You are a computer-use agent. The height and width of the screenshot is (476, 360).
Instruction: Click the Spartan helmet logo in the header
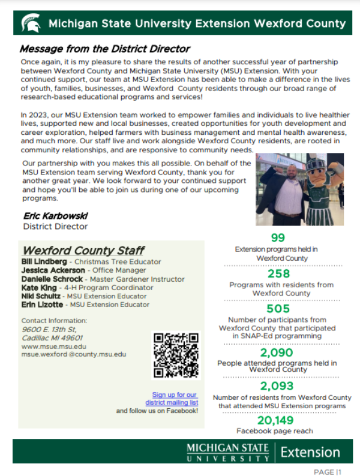31,24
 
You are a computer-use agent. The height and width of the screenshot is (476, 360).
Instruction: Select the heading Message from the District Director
104,49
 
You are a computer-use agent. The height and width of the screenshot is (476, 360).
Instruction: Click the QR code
176,356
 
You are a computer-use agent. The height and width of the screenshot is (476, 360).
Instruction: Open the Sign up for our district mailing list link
175,399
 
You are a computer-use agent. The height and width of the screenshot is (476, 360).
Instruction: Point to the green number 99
278,237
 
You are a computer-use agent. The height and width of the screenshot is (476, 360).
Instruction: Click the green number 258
278,274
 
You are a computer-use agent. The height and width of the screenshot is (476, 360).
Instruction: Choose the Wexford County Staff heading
83,251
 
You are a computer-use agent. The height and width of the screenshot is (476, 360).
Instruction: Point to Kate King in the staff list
38,288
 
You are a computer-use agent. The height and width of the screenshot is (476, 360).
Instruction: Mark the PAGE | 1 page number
327,471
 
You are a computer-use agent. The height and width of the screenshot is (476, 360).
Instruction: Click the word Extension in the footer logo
310,451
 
